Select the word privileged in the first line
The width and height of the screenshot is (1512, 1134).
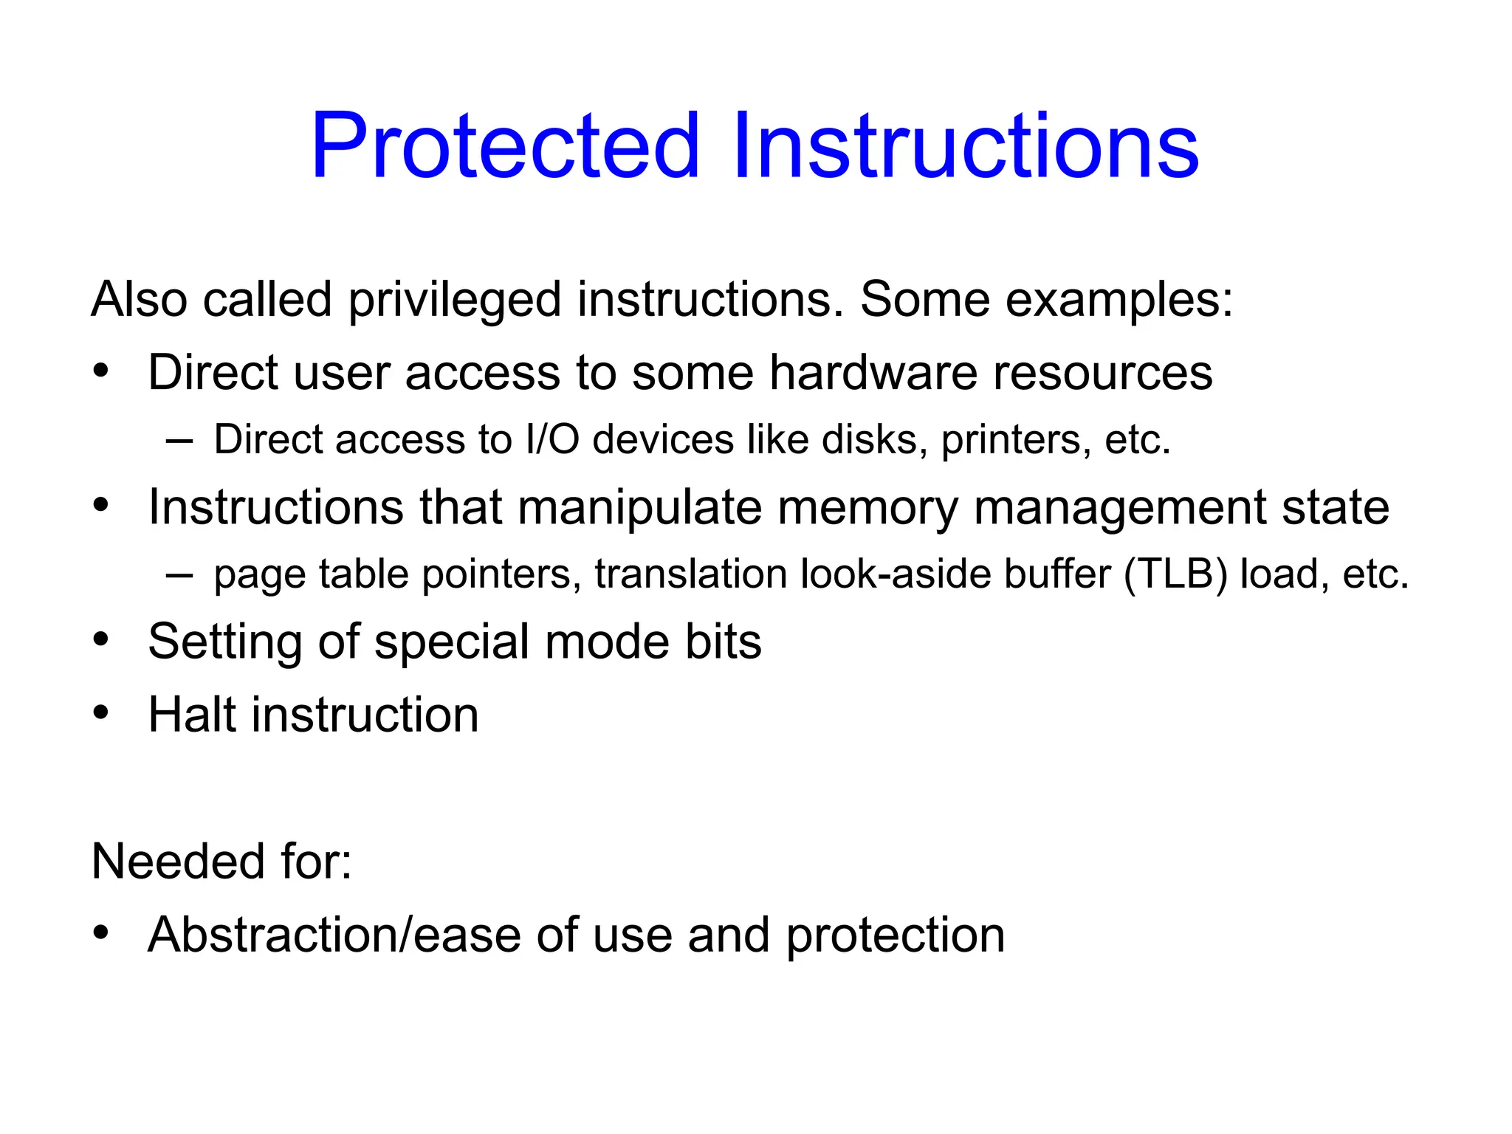[454, 300]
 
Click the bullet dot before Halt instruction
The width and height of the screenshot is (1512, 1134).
[101, 713]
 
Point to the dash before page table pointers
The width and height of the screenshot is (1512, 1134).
[179, 575]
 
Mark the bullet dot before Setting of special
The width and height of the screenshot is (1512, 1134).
[101, 639]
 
